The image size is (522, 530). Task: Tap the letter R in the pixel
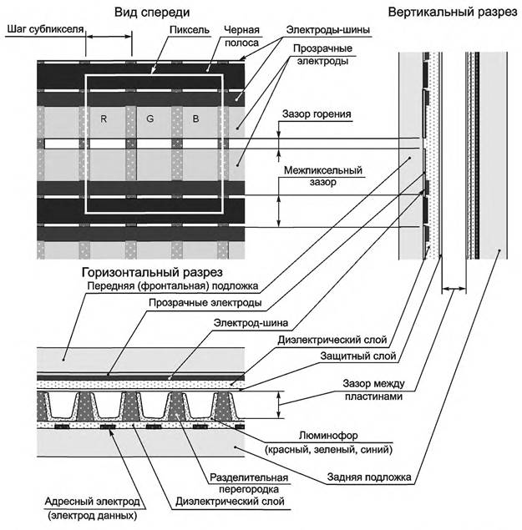(x=104, y=119)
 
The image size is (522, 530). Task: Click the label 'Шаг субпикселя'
(x=43, y=29)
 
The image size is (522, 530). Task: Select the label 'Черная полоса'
(x=240, y=36)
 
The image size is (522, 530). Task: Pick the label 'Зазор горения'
(x=317, y=114)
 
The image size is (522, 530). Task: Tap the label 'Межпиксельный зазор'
(x=322, y=176)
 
